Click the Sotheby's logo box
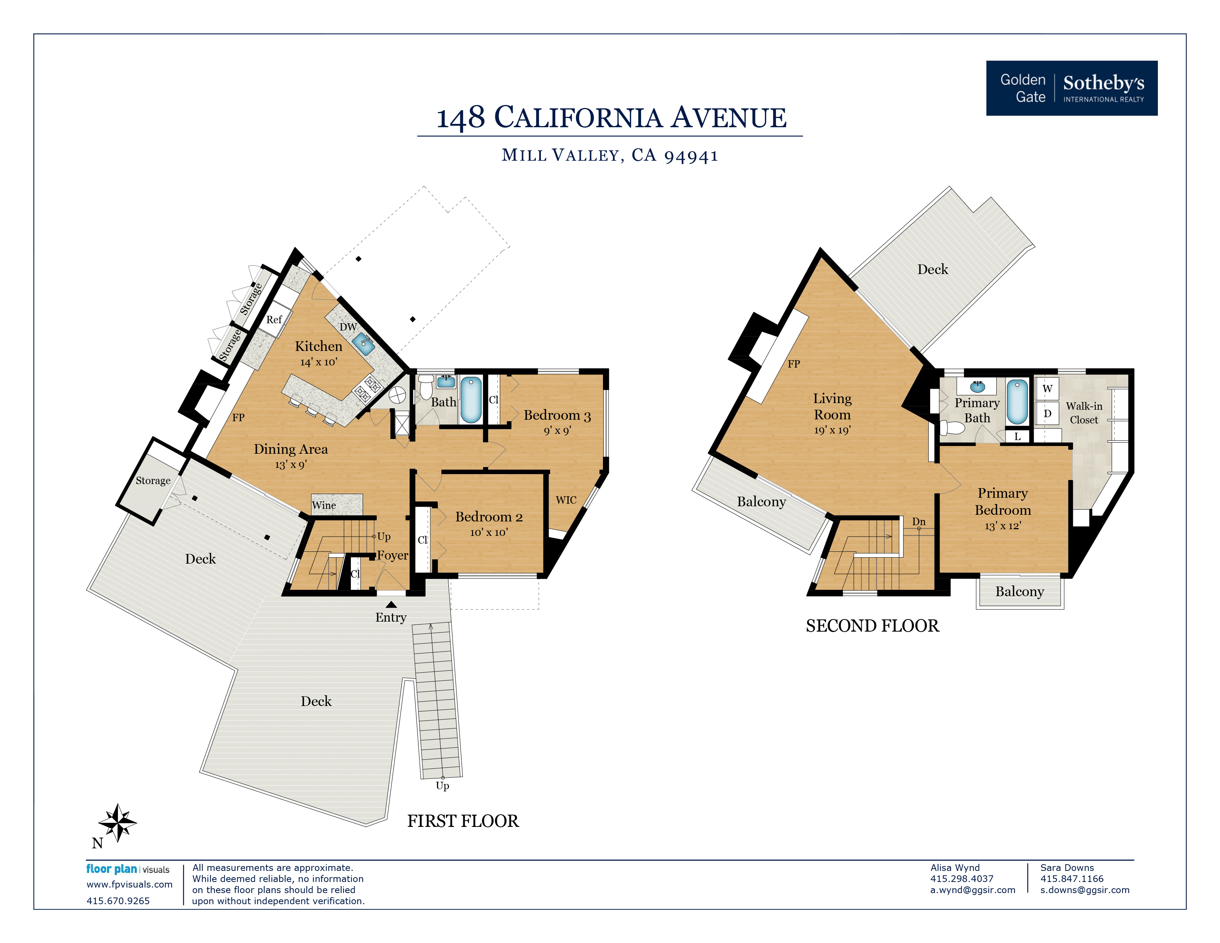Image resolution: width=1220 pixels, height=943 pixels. pos(1071,88)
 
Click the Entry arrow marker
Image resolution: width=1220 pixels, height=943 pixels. pos(391,605)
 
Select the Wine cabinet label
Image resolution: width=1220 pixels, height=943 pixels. pos(324,505)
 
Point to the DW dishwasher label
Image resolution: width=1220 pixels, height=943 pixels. pos(348,327)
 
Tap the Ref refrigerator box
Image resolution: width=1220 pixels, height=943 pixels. pos(275,320)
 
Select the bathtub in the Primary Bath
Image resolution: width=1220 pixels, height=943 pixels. pos(1017,402)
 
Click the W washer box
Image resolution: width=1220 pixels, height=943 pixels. pos(1047,388)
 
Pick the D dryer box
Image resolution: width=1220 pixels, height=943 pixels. pos(1047,413)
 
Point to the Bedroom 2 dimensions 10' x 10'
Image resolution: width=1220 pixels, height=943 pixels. pos(489,533)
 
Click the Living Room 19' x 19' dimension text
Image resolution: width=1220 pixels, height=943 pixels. pos(832,430)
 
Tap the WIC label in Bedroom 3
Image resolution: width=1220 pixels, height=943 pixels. pos(566,500)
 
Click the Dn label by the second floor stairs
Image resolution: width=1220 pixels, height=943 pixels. pos(919,521)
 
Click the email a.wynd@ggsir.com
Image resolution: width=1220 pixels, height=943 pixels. pos(973,890)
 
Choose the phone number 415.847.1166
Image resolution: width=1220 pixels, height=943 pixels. pos(1071,879)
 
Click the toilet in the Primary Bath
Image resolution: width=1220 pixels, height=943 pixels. pos(952,428)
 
